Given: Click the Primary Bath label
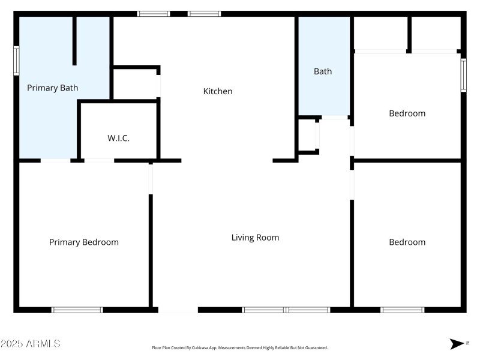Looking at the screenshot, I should pyautogui.click(x=53, y=88).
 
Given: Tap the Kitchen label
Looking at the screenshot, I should pyautogui.click(x=218, y=91).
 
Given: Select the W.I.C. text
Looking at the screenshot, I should pyautogui.click(x=118, y=138).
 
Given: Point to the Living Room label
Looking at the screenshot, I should pyautogui.click(x=255, y=238).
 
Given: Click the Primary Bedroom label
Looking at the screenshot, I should pyautogui.click(x=83, y=242).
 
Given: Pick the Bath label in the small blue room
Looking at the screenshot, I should pyautogui.click(x=323, y=71).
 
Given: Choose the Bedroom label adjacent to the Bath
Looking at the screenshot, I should pyautogui.click(x=407, y=113).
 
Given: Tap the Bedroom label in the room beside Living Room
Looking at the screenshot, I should pyautogui.click(x=407, y=242).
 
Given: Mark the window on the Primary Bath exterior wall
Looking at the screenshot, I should pyautogui.click(x=17, y=61).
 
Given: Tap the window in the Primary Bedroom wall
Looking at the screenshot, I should pyautogui.click(x=77, y=310).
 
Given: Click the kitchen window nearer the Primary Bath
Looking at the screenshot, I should pyautogui.click(x=154, y=14).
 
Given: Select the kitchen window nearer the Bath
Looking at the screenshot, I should pyautogui.click(x=204, y=14).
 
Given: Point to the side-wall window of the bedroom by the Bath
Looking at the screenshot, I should pyautogui.click(x=463, y=75).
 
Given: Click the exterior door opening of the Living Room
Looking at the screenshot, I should pyautogui.click(x=178, y=310).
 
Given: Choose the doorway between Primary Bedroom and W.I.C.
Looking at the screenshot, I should pyautogui.click(x=99, y=161).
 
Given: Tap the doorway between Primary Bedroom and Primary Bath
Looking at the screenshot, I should pyautogui.click(x=55, y=161).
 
